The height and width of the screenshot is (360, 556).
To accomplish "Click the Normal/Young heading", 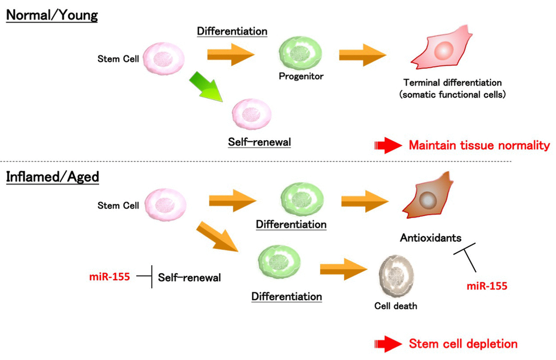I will [x=52, y=15].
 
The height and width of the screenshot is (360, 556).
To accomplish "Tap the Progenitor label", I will [x=301, y=76].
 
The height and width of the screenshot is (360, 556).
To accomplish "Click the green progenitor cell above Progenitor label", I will [x=300, y=53].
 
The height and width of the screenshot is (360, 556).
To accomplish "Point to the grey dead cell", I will [x=396, y=277].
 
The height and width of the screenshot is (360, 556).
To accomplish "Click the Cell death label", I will [x=396, y=306].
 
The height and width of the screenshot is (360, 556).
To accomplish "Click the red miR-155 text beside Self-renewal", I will [x=110, y=277].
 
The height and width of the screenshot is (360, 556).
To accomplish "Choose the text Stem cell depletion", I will [x=463, y=344].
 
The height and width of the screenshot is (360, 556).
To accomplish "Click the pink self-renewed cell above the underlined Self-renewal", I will [x=251, y=114].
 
